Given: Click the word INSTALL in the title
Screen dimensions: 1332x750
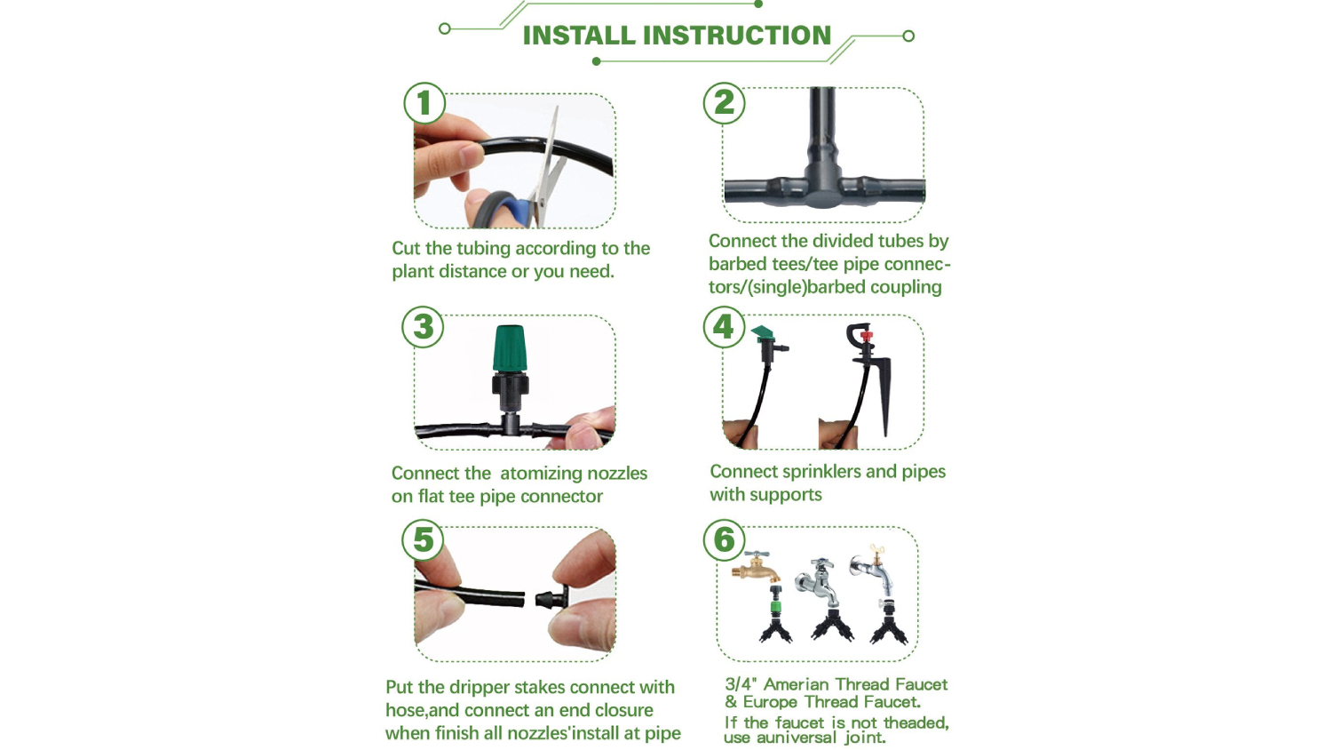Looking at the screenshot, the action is tap(579, 36).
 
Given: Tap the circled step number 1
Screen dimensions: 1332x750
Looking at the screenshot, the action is tap(424, 103).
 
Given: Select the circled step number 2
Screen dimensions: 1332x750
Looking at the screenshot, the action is tap(724, 103).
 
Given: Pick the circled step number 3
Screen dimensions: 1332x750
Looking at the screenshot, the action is tap(423, 327).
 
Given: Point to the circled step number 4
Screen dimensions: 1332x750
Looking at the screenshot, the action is tap(724, 327).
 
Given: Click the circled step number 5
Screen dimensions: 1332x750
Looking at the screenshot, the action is tap(423, 540).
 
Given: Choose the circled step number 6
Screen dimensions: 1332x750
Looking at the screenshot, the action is tap(724, 540).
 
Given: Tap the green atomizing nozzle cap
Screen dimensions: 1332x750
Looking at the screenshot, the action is tap(510, 348).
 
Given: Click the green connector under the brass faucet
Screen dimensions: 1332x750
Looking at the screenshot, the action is tap(776, 607).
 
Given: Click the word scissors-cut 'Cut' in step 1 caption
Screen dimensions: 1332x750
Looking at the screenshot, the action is tap(406, 248).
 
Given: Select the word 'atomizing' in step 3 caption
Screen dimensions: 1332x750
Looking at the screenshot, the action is tap(540, 474).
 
